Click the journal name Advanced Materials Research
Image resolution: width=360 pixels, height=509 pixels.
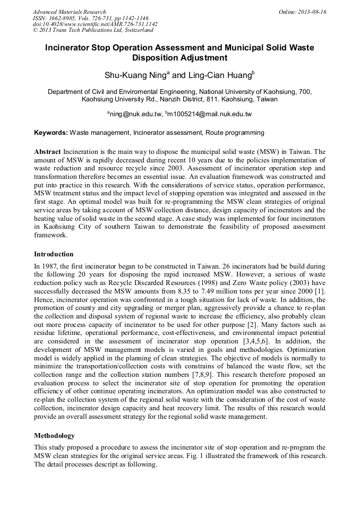click(x=69, y=12)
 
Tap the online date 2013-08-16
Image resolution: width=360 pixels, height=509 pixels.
click(x=312, y=12)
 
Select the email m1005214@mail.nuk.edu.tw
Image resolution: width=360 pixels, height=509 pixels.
click(x=209, y=114)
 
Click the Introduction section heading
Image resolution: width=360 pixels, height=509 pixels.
click(x=54, y=254)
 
